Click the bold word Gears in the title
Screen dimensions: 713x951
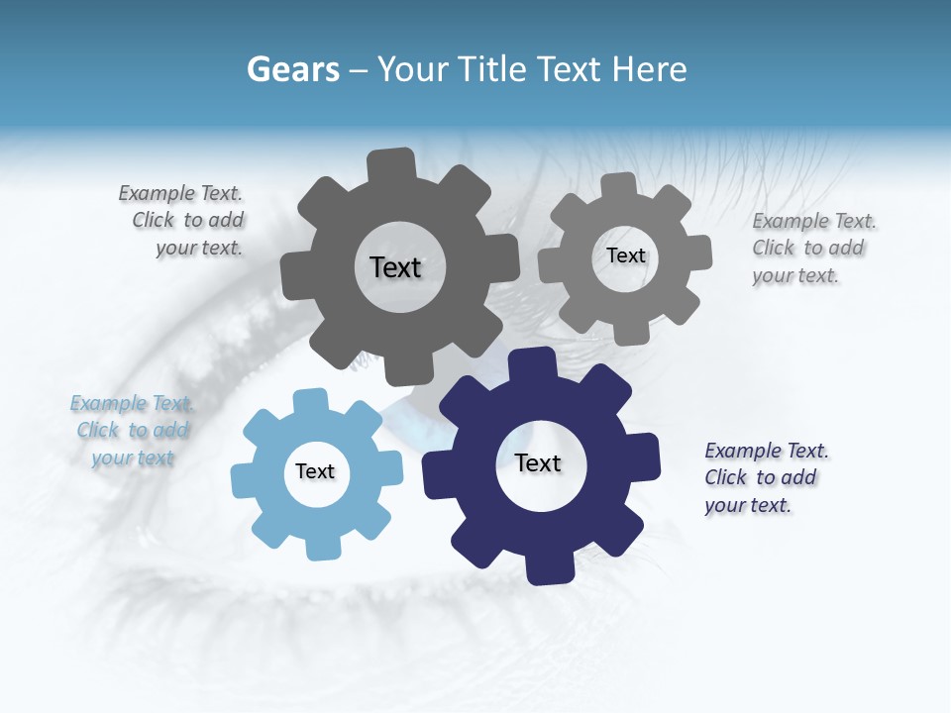point(293,69)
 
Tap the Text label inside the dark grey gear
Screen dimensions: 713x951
point(395,267)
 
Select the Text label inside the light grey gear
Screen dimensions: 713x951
point(625,255)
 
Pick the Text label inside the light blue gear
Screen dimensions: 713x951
point(315,471)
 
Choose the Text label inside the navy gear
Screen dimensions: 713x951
point(538,462)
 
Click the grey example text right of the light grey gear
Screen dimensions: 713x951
point(811,248)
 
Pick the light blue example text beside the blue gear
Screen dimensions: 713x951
point(132,431)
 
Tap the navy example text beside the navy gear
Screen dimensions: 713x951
point(765,477)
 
